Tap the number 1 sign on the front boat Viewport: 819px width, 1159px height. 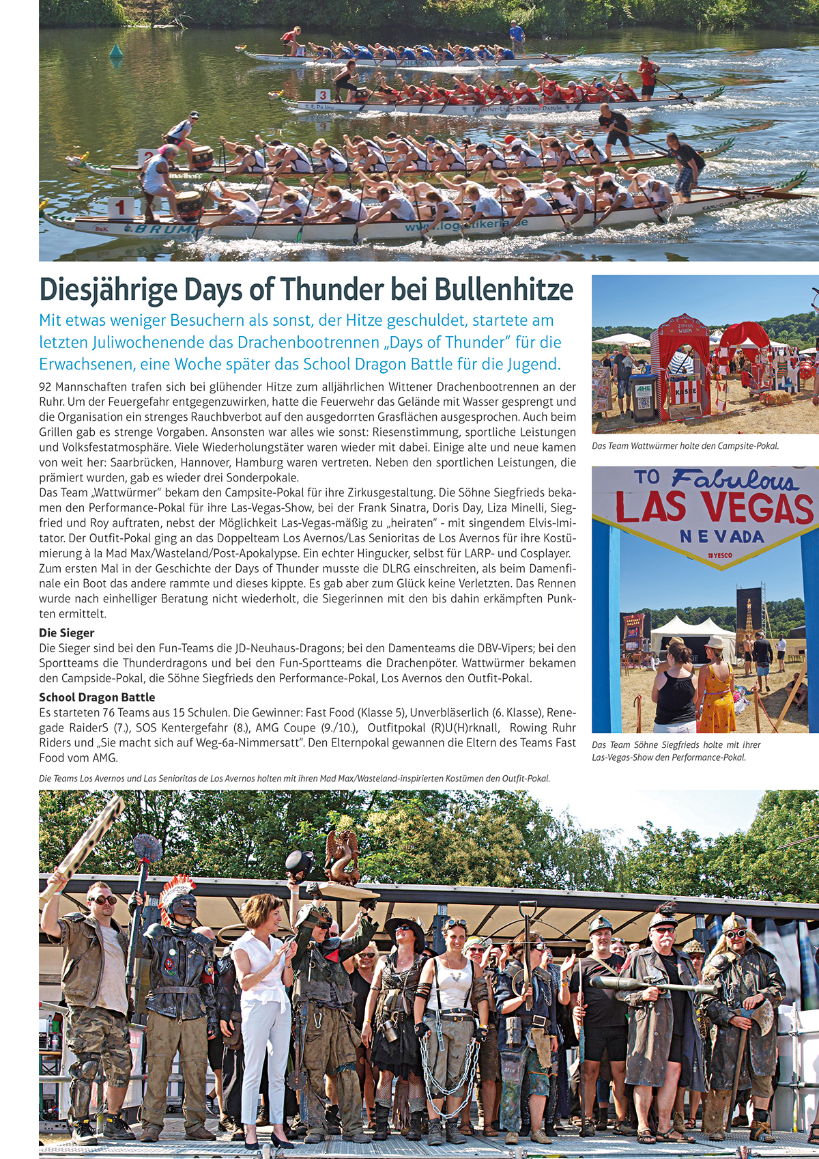pyautogui.click(x=121, y=208)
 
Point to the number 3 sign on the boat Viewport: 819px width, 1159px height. pyautogui.click(x=322, y=95)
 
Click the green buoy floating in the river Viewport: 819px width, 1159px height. pyautogui.click(x=116, y=51)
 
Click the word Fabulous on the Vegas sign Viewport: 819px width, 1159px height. pyautogui.click(x=734, y=480)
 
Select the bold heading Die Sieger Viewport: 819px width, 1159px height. pyautogui.click(x=66, y=633)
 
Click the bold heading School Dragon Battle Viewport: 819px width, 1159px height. pyautogui.click(x=97, y=697)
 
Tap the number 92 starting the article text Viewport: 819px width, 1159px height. pyautogui.click(x=46, y=387)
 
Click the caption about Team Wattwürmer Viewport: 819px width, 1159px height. pyautogui.click(x=685, y=446)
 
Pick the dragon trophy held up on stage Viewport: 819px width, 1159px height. pyautogui.click(x=342, y=856)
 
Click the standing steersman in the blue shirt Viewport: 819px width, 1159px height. pyautogui.click(x=517, y=38)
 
